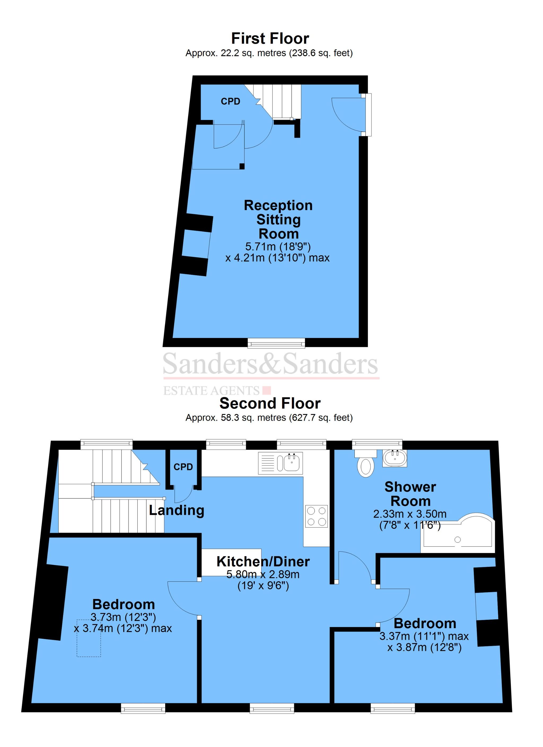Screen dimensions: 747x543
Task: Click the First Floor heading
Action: click(x=270, y=38)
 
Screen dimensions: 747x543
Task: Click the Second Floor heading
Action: click(x=270, y=403)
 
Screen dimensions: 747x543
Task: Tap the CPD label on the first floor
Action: click(x=230, y=101)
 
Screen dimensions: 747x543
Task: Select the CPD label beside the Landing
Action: click(x=183, y=467)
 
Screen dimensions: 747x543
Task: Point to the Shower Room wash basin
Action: click(x=395, y=458)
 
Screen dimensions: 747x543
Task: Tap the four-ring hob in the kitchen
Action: click(x=317, y=516)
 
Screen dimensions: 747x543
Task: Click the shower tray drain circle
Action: click(x=457, y=540)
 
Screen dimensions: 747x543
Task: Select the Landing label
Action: click(x=177, y=511)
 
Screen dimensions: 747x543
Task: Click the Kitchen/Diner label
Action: click(x=263, y=562)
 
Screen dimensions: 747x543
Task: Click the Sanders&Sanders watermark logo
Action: click(x=270, y=364)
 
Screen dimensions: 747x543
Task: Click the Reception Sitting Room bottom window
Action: click(x=276, y=344)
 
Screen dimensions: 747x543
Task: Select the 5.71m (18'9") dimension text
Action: click(x=278, y=246)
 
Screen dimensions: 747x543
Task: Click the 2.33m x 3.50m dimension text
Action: click(x=410, y=514)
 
